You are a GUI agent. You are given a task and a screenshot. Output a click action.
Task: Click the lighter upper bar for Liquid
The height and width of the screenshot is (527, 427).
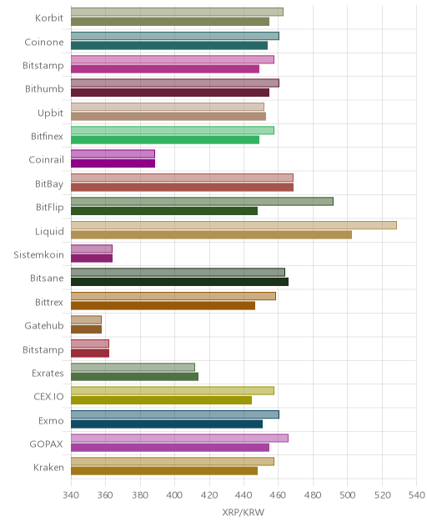click(x=234, y=225)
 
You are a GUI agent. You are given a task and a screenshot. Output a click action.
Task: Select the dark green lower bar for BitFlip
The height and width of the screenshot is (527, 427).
click(x=164, y=211)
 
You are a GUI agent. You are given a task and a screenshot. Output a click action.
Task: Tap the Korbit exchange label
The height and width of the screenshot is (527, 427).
click(x=49, y=18)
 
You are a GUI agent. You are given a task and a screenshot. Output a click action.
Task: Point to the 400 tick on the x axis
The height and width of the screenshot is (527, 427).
click(x=174, y=494)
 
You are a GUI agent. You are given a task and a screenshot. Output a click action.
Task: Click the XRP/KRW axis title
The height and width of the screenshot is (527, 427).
click(x=243, y=512)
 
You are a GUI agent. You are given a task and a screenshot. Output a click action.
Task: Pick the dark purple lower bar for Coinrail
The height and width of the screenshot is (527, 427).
click(x=113, y=163)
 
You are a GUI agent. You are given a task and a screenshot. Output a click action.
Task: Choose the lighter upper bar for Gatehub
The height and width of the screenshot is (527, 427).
click(x=86, y=319)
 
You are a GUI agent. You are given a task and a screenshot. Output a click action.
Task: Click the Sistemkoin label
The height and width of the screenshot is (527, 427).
click(x=38, y=255)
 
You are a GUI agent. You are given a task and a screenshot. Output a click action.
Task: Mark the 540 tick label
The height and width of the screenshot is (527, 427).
click(x=417, y=494)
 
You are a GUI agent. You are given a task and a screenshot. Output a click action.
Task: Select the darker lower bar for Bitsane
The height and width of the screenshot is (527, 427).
click(x=179, y=282)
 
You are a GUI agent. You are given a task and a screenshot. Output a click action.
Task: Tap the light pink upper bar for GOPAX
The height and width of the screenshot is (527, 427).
click(x=179, y=438)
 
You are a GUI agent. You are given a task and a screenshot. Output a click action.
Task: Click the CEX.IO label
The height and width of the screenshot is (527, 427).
click(x=48, y=397)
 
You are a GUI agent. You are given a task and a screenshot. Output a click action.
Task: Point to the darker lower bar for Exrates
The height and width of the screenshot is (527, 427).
click(x=134, y=377)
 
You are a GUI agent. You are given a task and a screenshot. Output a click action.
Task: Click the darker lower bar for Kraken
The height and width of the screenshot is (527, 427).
click(x=164, y=471)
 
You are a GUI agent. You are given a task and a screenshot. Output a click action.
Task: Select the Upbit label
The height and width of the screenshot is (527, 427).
click(x=50, y=113)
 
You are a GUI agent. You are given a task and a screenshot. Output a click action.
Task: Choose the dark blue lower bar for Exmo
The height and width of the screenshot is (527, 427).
click(x=167, y=424)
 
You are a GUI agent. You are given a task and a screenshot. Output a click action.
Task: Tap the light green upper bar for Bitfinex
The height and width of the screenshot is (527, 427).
click(x=173, y=130)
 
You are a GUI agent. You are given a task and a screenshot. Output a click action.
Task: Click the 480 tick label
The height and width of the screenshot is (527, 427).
click(x=313, y=494)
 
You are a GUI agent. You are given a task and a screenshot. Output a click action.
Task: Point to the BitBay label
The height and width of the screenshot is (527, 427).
click(x=49, y=183)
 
